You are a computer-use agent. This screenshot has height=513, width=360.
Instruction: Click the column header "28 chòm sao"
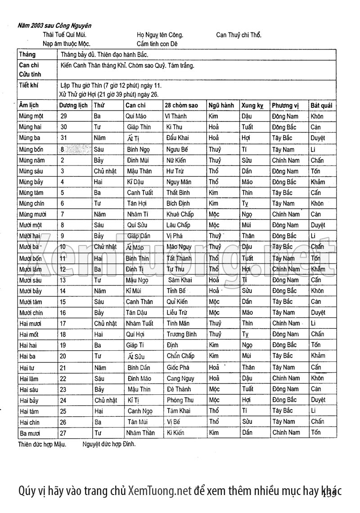point(181,106)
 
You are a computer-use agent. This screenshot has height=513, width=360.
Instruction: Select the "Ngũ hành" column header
point(221,106)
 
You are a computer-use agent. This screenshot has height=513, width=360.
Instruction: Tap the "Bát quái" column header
point(321,106)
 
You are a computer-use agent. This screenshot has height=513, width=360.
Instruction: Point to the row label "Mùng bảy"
point(31,182)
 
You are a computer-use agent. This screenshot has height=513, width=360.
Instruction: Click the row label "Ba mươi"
point(30,433)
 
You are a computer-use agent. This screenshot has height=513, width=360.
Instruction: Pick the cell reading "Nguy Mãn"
point(179,182)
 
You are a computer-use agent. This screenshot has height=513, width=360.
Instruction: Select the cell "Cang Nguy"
point(180,379)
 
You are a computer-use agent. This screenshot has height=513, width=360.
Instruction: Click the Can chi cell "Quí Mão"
point(136,116)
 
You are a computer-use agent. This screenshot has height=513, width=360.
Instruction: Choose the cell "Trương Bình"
point(181,335)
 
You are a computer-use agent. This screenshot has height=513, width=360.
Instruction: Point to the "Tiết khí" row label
point(28,85)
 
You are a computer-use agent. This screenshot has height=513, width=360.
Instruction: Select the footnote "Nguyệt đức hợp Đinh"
point(109,444)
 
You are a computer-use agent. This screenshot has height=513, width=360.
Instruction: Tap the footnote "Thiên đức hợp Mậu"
point(42,444)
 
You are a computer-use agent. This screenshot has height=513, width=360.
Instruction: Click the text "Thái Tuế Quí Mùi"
point(65,35)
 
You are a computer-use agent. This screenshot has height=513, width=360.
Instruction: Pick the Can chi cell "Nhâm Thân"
point(140,433)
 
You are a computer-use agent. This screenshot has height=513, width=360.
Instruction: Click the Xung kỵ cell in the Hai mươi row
point(247,323)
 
